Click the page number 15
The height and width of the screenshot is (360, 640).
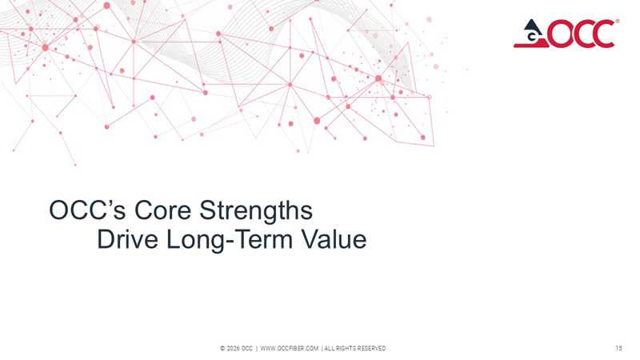click(619, 348)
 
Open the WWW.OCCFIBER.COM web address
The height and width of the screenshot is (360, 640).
click(290, 348)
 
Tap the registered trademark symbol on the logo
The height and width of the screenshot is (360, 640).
click(617, 22)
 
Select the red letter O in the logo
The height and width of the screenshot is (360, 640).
click(556, 34)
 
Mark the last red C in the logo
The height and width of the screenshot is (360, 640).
click(602, 34)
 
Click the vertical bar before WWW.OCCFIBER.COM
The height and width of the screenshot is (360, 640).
click(256, 348)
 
